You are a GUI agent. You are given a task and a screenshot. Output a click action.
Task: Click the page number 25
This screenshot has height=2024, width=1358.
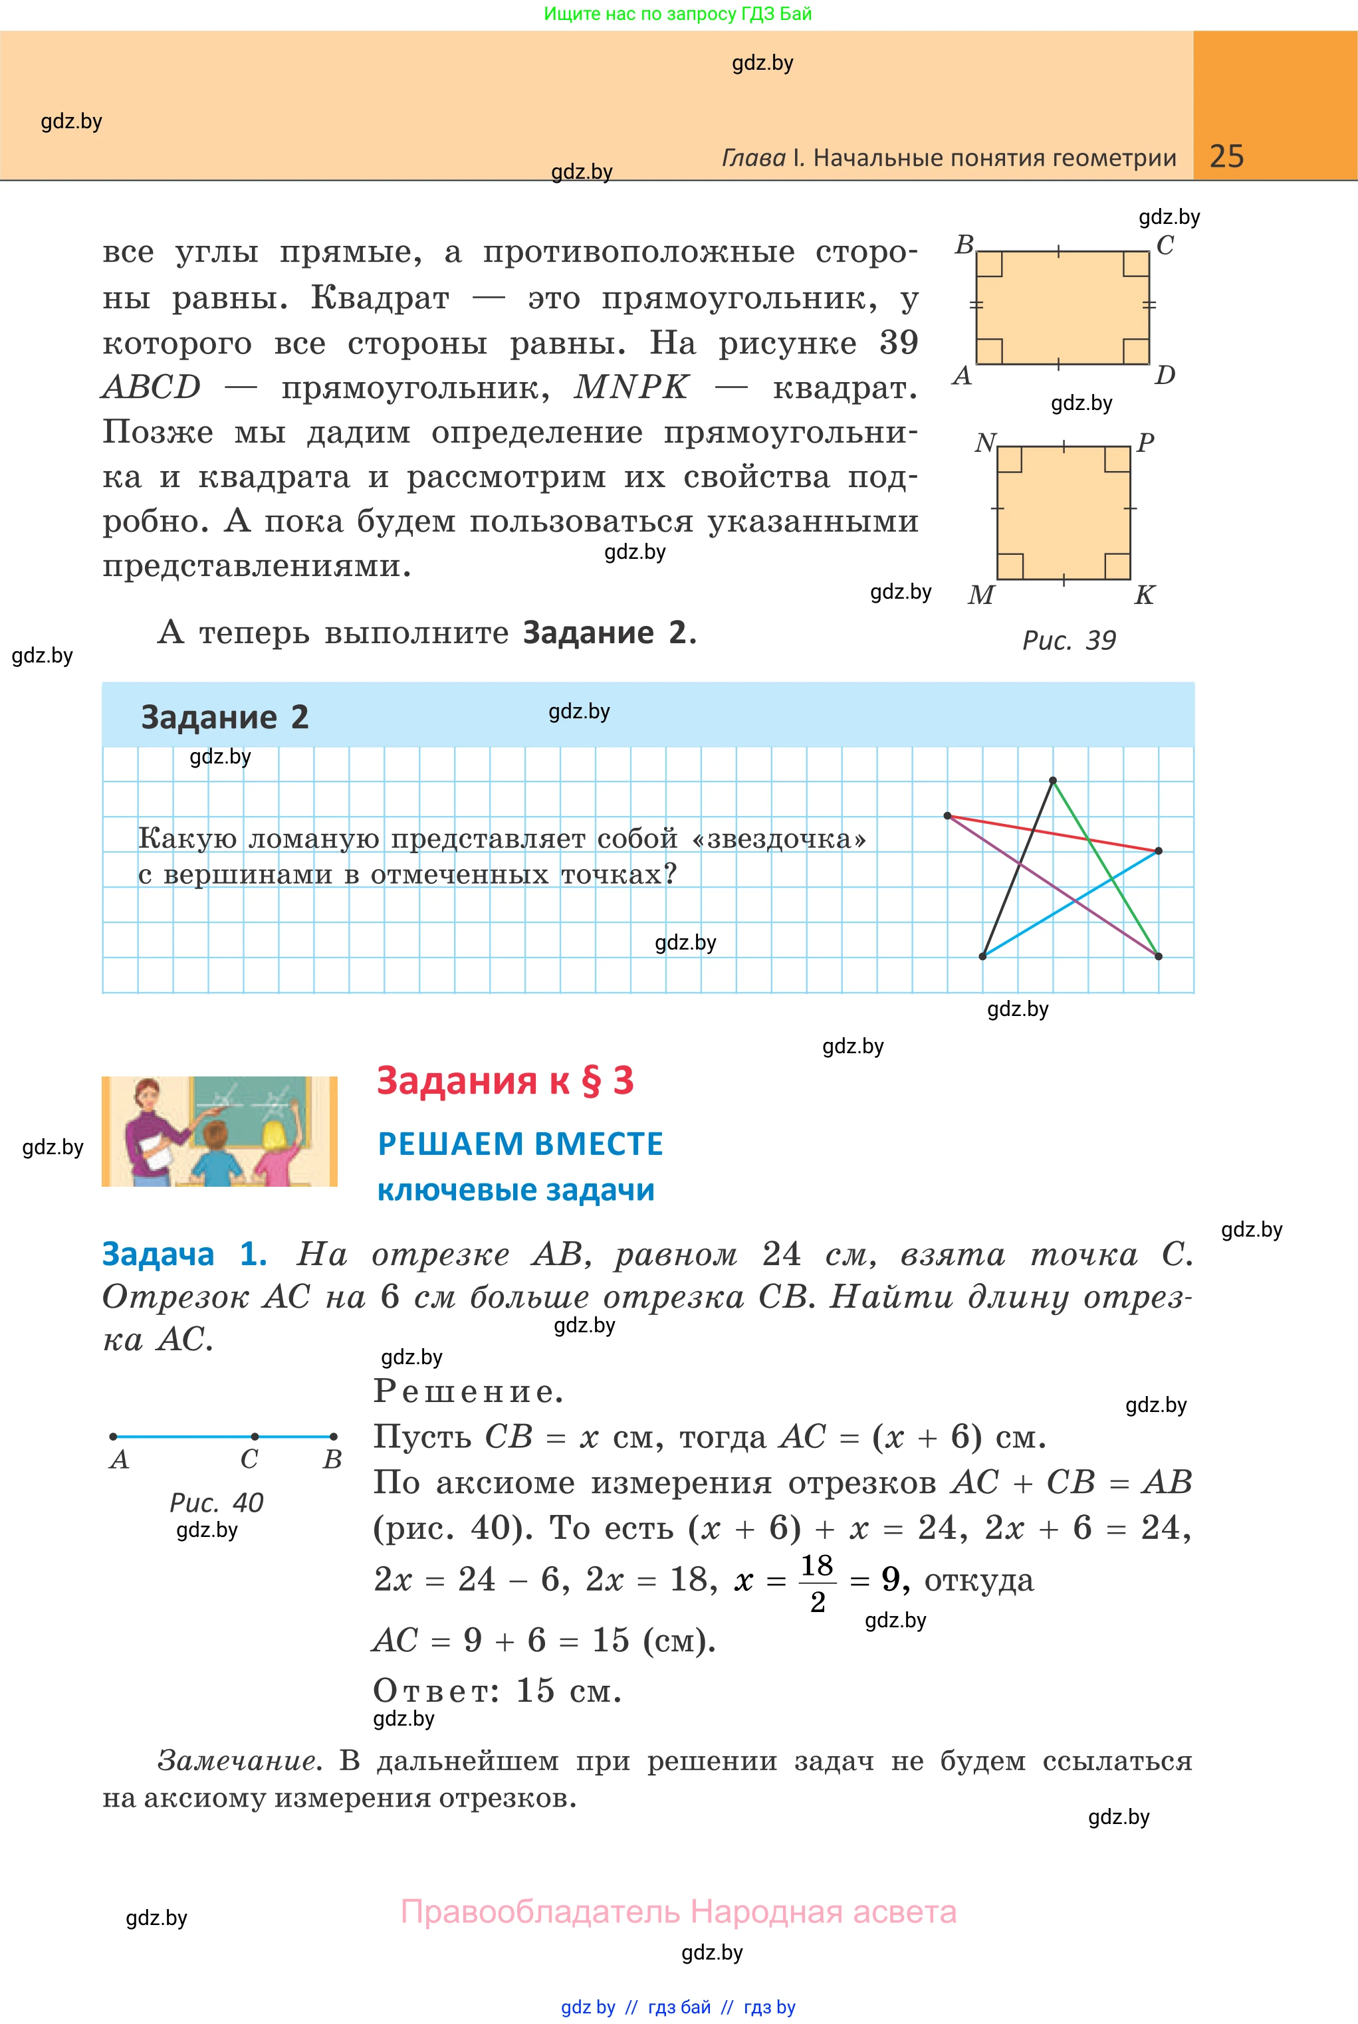pos(1226,156)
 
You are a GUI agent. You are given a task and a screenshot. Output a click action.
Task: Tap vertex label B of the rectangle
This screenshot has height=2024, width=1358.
pos(964,245)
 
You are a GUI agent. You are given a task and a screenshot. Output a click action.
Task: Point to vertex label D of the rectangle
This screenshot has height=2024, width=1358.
pos(1165,375)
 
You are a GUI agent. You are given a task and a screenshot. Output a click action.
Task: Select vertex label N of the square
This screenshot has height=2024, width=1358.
pos(984,443)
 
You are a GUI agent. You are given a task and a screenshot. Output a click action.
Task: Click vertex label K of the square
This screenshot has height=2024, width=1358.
pos(1144,595)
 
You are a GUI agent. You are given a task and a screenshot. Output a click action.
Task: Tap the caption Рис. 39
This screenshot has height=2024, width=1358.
pos(1069,641)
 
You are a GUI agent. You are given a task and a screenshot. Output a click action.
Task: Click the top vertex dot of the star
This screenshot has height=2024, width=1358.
pos(1052,781)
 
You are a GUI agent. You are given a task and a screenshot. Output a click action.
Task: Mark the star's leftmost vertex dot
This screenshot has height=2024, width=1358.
pos(947,815)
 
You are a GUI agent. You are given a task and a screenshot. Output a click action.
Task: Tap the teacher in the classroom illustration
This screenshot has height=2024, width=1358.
pos(152,1130)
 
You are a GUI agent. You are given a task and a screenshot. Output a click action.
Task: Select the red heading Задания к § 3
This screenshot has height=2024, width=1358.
pos(505,1080)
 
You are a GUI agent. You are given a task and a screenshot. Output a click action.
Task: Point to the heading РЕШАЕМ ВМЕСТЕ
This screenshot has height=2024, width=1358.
pos(520,1144)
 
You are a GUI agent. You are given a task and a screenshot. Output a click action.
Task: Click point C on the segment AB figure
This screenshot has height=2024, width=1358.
pos(254,1436)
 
